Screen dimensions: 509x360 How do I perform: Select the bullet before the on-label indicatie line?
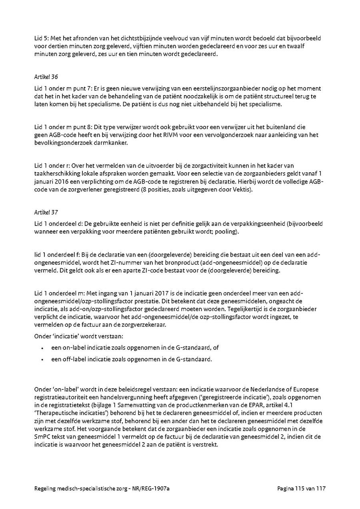point(42,348)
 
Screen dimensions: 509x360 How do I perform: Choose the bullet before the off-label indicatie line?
point(42,359)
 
